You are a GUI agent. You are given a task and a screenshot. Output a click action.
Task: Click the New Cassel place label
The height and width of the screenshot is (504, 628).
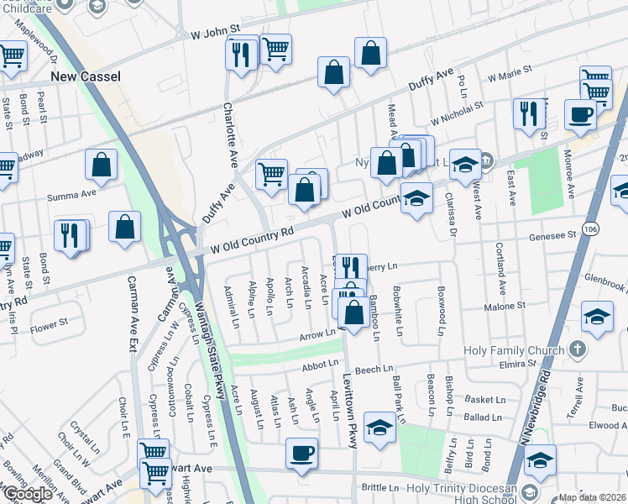pos(86,76)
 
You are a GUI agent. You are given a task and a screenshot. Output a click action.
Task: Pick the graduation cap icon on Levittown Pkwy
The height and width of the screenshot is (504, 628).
pos(379,428)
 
